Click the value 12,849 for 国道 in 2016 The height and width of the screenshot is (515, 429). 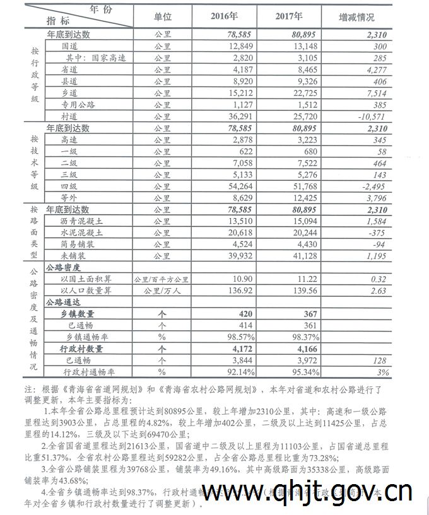(x=221, y=47)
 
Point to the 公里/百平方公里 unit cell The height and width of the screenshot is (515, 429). (x=162, y=279)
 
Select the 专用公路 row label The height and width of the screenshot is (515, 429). (x=76, y=105)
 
